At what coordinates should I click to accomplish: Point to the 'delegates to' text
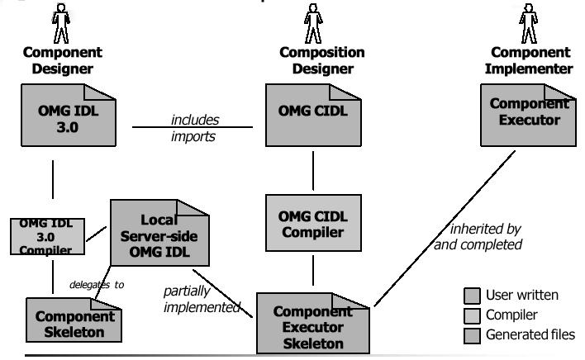coord(97,285)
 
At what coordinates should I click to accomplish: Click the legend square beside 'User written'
coord(471,295)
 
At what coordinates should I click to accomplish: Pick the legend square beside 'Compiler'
coord(471,315)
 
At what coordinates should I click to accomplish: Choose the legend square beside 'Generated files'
coord(471,334)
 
